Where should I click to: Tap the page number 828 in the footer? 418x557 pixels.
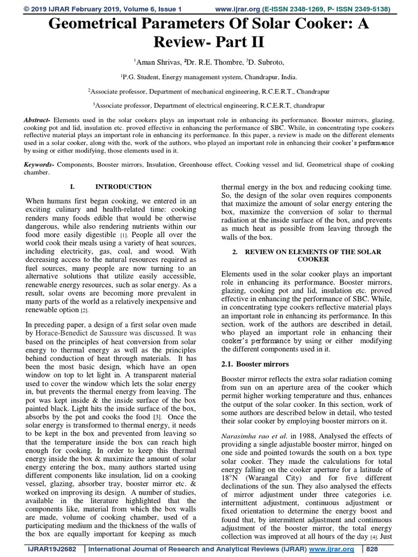point(386,550)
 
